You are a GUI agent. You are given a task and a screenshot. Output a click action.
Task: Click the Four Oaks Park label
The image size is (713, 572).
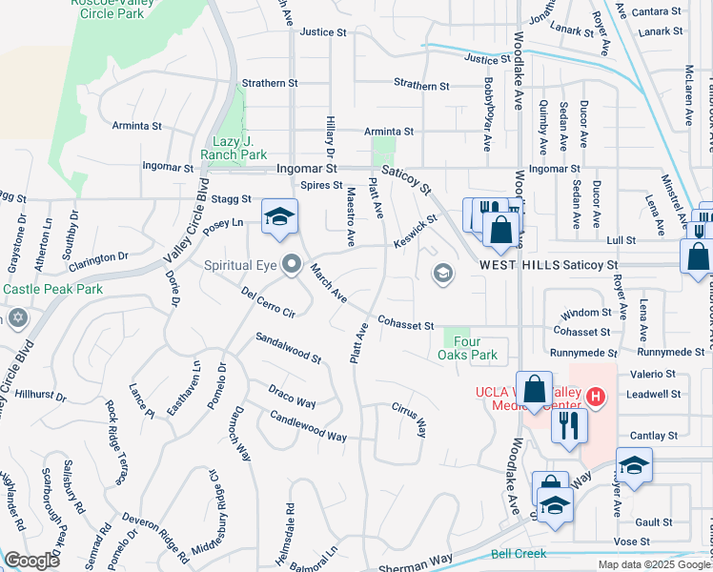click(476, 348)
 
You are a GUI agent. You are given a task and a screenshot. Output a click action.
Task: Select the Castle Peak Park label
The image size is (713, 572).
click(39, 288)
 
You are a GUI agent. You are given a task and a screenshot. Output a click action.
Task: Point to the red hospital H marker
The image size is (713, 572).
click(596, 396)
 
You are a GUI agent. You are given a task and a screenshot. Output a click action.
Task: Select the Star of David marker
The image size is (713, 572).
click(16, 317)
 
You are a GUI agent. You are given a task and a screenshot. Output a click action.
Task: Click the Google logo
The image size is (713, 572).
click(32, 561)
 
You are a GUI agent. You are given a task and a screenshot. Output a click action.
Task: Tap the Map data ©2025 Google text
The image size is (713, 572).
click(653, 564)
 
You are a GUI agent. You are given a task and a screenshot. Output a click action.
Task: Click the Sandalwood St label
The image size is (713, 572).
click(288, 349)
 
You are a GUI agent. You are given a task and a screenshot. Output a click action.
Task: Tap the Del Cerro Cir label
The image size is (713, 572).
click(269, 303)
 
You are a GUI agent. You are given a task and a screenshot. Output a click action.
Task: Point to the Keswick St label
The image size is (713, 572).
click(416, 231)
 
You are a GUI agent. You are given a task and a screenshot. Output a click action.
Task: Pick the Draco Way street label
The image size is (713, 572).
click(291, 397)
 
